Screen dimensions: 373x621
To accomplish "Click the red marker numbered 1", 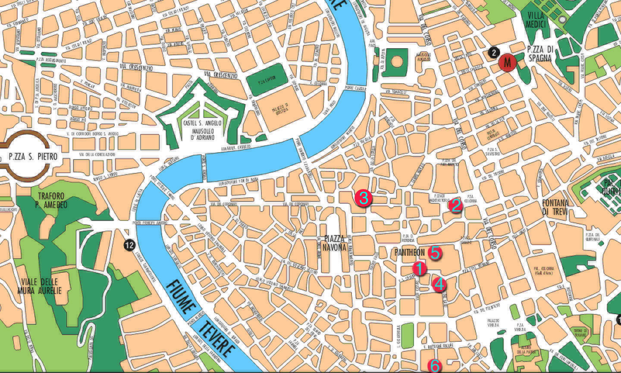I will (419, 268).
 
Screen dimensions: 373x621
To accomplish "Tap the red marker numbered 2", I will (455, 205).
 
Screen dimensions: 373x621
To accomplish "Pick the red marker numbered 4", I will (439, 284).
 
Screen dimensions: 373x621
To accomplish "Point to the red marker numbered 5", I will (435, 253).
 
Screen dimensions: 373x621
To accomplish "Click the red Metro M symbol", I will (507, 62).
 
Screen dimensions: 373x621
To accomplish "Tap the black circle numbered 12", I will (129, 245).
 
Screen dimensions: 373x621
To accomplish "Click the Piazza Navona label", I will (335, 243).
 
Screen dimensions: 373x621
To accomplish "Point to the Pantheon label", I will (410, 252).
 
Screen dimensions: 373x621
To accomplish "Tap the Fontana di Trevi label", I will (555, 207).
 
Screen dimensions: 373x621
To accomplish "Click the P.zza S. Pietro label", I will (33, 157).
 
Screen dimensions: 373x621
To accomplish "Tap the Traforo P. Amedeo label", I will (52, 200).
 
